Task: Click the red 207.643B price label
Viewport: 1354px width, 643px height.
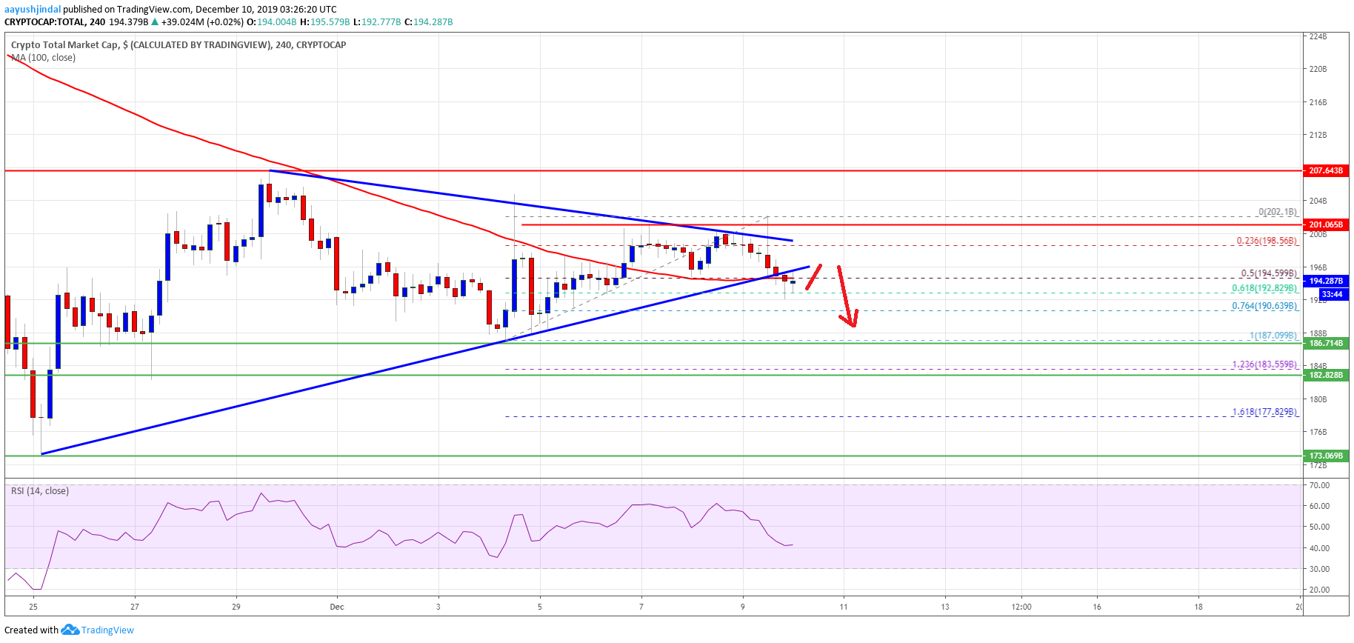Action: click(x=1325, y=170)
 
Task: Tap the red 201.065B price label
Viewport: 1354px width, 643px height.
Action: click(x=1325, y=224)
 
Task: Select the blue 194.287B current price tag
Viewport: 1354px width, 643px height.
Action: click(x=1325, y=281)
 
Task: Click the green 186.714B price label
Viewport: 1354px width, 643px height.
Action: click(x=1325, y=344)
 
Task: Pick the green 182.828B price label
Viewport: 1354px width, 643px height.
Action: click(x=1325, y=375)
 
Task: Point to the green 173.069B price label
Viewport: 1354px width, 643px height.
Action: click(x=1325, y=456)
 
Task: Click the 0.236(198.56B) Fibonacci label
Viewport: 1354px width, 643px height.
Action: click(x=1267, y=241)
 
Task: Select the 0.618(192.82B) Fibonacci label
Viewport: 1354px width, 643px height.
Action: click(x=1264, y=288)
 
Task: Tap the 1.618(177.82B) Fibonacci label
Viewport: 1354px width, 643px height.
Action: click(x=1264, y=412)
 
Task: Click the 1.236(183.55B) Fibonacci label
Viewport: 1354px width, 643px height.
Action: click(x=1264, y=364)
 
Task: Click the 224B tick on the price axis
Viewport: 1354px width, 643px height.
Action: click(x=1318, y=36)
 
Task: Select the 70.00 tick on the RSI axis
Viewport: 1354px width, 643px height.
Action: click(x=1319, y=485)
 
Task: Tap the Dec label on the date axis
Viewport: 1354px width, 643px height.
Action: click(x=337, y=607)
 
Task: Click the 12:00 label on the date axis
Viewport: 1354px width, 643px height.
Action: click(x=1021, y=607)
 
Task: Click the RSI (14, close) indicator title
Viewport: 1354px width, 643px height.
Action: click(x=40, y=491)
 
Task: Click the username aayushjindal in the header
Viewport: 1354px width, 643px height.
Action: click(x=33, y=10)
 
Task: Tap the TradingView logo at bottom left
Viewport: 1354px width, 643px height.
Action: click(x=99, y=630)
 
